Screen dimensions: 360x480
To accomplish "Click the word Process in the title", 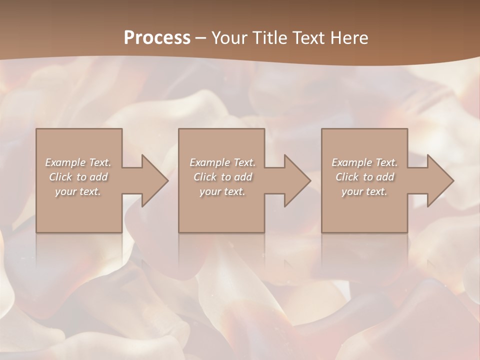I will [x=157, y=38].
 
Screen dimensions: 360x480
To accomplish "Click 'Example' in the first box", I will [x=65, y=162].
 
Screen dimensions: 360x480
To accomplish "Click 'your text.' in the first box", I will [x=78, y=191].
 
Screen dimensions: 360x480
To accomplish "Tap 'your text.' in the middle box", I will [x=222, y=191].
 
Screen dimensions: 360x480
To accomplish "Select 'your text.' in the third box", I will [x=364, y=191].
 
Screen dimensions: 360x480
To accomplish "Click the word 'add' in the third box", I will [x=385, y=177].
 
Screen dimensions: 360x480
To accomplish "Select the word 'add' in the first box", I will [x=98, y=177].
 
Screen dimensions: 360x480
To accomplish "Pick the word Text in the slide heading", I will [x=308, y=38].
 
